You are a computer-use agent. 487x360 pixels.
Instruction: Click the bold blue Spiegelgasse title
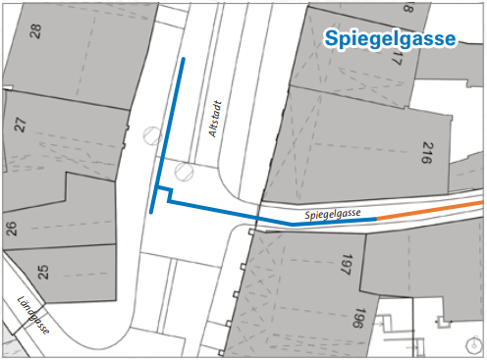click(x=390, y=39)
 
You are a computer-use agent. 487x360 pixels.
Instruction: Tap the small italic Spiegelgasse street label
click(x=335, y=212)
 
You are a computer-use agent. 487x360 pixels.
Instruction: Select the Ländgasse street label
click(x=33, y=316)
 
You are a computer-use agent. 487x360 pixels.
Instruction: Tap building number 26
click(x=12, y=231)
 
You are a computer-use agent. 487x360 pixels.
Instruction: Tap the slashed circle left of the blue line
click(x=152, y=135)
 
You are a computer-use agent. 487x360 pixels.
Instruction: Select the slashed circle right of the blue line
click(x=184, y=172)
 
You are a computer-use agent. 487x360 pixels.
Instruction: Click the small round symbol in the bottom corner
click(x=473, y=344)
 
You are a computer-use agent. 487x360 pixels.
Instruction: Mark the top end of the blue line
click(x=183, y=59)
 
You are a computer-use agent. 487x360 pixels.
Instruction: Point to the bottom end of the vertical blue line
click(x=152, y=212)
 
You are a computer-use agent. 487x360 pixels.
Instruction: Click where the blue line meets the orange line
click(x=378, y=219)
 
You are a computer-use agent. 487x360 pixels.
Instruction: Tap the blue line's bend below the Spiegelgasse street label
click(x=292, y=223)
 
